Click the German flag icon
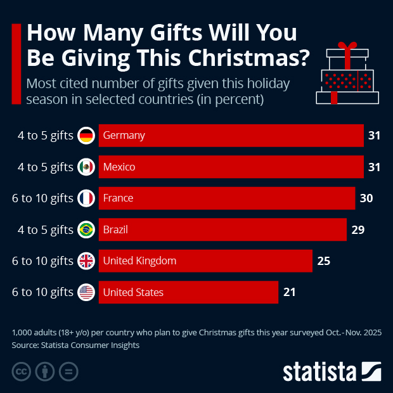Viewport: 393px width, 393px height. (x=86, y=135)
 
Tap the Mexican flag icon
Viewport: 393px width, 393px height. (x=86, y=167)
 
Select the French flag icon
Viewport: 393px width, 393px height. (x=86, y=198)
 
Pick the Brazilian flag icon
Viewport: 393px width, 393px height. (x=86, y=229)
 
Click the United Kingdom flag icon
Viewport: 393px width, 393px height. (x=86, y=261)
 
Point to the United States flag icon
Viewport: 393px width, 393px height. (x=86, y=292)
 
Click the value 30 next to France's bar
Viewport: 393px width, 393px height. (x=366, y=198)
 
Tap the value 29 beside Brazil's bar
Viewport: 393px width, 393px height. (x=358, y=229)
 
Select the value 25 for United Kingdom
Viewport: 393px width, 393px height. (x=323, y=261)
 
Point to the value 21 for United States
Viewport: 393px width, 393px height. (x=289, y=292)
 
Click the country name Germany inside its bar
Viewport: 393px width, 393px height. (x=124, y=135)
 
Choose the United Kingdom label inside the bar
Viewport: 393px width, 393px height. (x=139, y=261)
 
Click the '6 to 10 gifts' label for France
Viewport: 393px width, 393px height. (x=42, y=198)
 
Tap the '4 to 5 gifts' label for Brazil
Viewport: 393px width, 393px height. (x=46, y=229)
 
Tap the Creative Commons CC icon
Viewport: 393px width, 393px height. (x=22, y=371)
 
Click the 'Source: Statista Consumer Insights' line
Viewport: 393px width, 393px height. (x=75, y=345)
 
